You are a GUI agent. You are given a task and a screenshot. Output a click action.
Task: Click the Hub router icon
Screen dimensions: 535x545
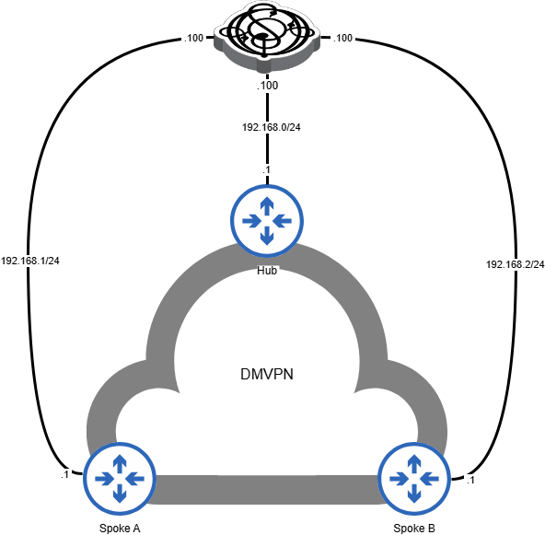click(266, 221)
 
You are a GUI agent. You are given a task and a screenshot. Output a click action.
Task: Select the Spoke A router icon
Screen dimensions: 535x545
click(119, 478)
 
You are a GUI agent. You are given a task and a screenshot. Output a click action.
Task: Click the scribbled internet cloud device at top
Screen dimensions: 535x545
click(266, 34)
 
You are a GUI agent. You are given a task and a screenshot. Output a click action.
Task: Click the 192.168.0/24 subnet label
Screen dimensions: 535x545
click(266, 126)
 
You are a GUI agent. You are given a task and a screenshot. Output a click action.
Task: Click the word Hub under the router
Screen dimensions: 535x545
click(266, 271)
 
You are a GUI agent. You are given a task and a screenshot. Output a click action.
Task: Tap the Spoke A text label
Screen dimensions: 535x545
click(119, 528)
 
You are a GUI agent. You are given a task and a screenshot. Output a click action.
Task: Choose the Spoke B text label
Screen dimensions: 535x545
click(413, 528)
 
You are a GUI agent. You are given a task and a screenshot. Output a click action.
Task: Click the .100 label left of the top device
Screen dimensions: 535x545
click(193, 39)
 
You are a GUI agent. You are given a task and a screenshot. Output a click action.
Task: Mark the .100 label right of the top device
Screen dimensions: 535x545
click(342, 39)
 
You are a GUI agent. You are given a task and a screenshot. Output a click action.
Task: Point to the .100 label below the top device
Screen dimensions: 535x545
click(266, 85)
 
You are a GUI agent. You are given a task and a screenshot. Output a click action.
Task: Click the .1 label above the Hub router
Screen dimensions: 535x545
click(266, 170)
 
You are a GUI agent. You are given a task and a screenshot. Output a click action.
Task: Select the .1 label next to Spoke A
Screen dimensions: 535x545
click(64, 475)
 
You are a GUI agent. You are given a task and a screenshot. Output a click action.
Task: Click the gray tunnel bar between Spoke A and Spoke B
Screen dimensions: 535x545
click(266, 489)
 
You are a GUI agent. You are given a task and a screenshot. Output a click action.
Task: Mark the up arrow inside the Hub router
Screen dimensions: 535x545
click(266, 205)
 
